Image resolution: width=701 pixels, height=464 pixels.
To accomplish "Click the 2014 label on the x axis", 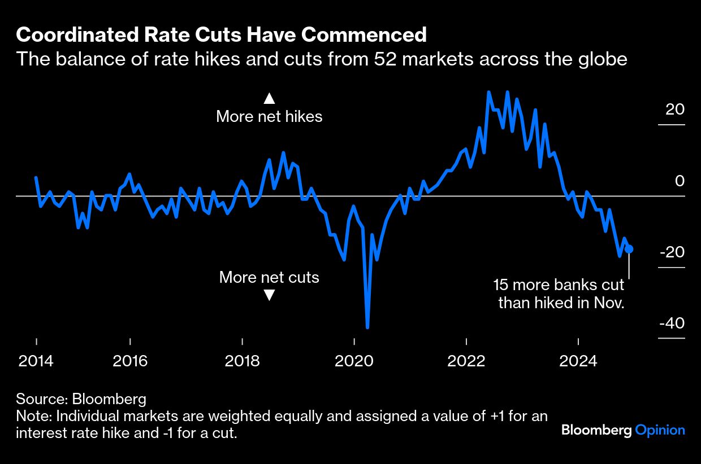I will [36, 361].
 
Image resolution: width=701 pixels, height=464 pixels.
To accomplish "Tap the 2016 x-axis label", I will [130, 361].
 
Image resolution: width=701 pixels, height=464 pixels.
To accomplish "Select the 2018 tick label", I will [242, 361].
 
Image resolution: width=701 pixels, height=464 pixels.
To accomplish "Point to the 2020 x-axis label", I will [354, 361].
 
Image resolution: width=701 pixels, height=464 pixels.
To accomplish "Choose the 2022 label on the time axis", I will [466, 361].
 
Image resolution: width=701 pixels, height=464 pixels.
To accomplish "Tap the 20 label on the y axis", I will [674, 109].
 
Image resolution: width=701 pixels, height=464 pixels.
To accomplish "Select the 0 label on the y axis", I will [680, 181].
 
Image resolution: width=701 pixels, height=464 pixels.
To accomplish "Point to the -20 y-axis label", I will [672, 252].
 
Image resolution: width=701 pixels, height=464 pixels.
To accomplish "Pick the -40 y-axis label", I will [672, 323].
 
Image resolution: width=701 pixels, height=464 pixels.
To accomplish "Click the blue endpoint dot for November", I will [629, 249].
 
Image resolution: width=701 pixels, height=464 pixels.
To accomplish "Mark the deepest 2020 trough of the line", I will [367, 327].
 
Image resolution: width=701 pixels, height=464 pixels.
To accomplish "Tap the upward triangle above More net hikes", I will [269, 99].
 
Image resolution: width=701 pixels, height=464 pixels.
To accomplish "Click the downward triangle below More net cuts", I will [269, 295].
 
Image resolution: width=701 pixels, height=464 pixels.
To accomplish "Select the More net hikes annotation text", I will [269, 117].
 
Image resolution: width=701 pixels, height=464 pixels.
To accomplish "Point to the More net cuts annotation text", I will [269, 277].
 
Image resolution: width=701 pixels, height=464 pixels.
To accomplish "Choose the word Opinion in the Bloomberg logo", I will [660, 430].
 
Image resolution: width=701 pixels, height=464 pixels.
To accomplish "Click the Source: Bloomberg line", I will [81, 399].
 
